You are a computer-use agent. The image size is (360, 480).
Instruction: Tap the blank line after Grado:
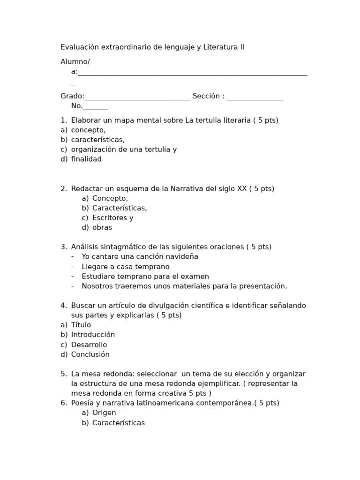(137, 97)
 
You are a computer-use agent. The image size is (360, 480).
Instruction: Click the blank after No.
(96, 107)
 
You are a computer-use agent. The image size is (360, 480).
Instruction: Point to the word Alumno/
(75, 62)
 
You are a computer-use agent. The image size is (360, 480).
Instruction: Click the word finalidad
(86, 159)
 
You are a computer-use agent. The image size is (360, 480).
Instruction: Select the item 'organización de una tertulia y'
(124, 150)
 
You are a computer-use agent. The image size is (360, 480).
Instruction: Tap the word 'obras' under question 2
(102, 228)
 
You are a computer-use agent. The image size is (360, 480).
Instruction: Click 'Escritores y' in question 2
(113, 218)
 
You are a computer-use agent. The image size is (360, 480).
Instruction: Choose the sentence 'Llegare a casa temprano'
(126, 267)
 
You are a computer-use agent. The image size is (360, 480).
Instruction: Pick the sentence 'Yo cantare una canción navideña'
(140, 257)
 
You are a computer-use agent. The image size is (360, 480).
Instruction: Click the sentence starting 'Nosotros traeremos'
(184, 286)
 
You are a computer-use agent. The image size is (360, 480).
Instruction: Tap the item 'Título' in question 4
(81, 325)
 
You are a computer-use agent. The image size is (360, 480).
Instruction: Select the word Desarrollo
(89, 345)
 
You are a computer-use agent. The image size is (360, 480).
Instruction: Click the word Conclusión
(90, 355)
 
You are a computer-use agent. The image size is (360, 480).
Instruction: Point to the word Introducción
(93, 335)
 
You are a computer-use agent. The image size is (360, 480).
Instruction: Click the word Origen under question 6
(104, 413)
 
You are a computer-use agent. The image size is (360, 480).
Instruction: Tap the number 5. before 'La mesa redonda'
(63, 374)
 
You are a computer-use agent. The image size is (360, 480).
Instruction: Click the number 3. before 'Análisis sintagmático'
(63, 247)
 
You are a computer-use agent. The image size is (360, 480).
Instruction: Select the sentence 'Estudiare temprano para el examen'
(145, 277)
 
